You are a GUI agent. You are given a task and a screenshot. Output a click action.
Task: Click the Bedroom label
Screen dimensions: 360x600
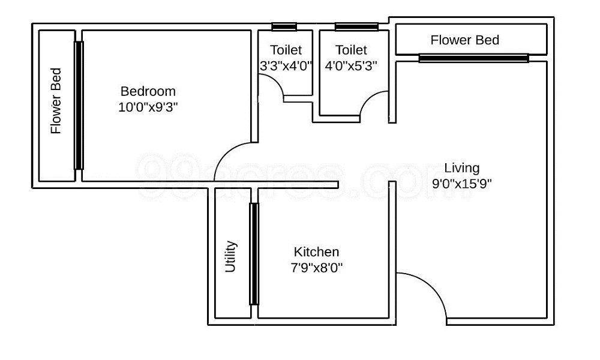pos(148,91)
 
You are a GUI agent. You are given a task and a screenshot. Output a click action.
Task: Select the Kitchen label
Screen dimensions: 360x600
pos(316,252)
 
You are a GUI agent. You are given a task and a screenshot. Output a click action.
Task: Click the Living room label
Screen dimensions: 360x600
pos(462,167)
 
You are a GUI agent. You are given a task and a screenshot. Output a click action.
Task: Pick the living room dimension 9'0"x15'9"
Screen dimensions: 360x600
pos(462,184)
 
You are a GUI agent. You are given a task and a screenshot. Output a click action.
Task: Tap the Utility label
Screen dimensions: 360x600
pos(231,257)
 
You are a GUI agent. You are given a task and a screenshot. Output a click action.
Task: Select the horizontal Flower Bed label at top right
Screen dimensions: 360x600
pos(465,40)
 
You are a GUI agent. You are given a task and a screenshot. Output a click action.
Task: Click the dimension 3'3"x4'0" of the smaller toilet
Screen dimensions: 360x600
pos(286,65)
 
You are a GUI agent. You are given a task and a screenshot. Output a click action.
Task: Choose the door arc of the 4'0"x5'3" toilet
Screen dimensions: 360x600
pos(374,102)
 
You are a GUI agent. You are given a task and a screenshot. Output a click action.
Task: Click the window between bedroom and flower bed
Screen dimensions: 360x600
pos(79,105)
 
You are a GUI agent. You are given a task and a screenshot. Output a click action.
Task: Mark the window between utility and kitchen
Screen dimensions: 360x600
pos(254,253)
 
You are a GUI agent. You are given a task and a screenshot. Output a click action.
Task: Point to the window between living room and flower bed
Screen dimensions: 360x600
pos(473,58)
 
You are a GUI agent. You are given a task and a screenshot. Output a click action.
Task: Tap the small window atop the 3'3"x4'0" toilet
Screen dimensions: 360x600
pos(284,26)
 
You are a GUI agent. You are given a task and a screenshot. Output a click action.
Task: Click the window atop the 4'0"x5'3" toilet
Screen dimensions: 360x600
pos(356,26)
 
